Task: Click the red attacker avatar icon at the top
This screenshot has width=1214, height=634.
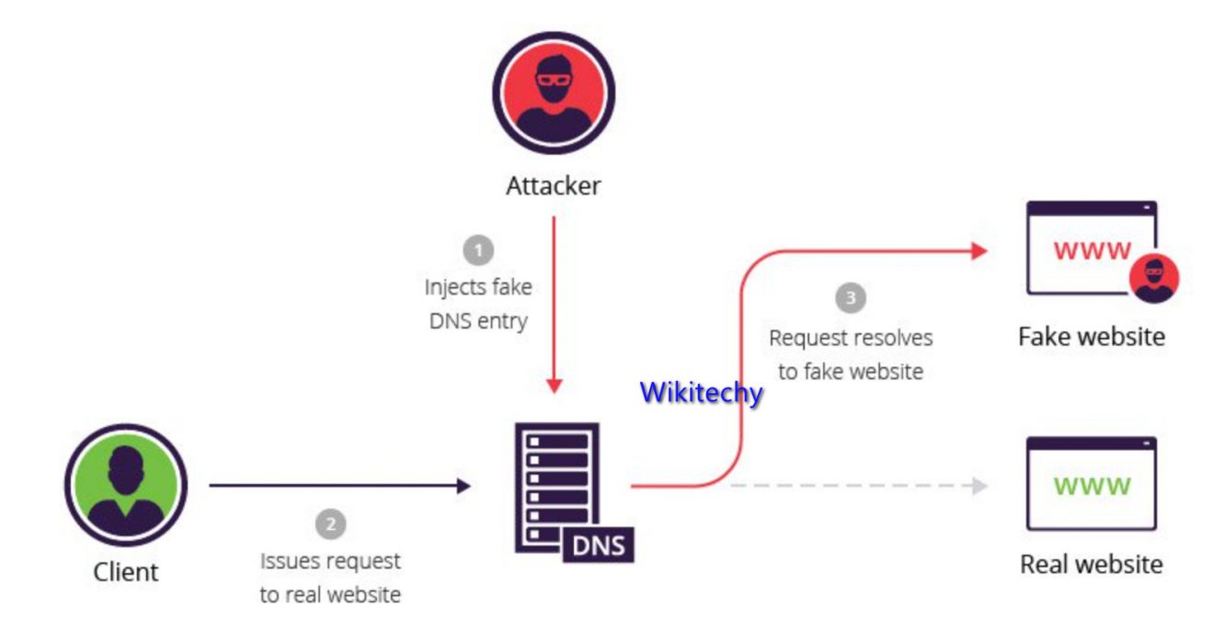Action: point(553,92)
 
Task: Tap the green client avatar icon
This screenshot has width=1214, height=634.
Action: point(125,485)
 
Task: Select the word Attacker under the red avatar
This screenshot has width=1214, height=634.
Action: point(553,186)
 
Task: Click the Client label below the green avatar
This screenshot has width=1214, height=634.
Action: point(125,571)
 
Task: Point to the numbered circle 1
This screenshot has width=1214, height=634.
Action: point(477,249)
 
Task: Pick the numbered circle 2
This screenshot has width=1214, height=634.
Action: point(330,524)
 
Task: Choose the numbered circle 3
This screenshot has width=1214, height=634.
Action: point(851,298)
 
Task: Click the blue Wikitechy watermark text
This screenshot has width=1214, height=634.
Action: point(701,393)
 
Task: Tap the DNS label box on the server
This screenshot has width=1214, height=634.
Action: point(598,545)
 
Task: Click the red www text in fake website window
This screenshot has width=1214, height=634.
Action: point(1092,250)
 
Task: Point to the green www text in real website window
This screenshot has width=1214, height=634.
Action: point(1092,485)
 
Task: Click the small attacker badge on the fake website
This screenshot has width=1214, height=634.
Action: point(1152,279)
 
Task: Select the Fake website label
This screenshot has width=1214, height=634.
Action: point(1091,336)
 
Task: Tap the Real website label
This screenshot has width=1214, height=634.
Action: point(1091,563)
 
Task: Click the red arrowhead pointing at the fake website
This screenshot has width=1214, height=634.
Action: point(978,250)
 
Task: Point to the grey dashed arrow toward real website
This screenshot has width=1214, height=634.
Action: point(855,486)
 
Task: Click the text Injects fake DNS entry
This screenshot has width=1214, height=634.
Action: point(477,305)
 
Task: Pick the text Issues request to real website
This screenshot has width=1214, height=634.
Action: point(330,577)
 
